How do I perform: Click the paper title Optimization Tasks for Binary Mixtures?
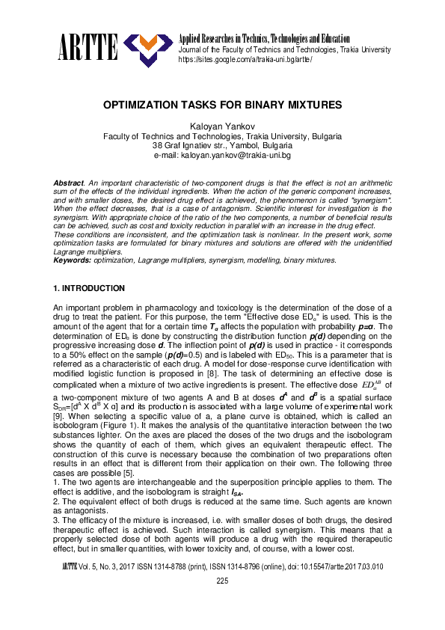pyautogui.click(x=222, y=106)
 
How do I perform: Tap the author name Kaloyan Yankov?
pyautogui.click(x=222, y=128)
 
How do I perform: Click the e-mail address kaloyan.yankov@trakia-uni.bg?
pyautogui.click(x=222, y=155)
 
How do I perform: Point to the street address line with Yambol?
pyautogui.click(x=222, y=146)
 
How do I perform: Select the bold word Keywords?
pyautogui.click(x=73, y=260)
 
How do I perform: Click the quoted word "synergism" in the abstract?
pyautogui.click(x=371, y=201)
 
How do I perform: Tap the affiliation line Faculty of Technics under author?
pyautogui.click(x=222, y=137)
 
